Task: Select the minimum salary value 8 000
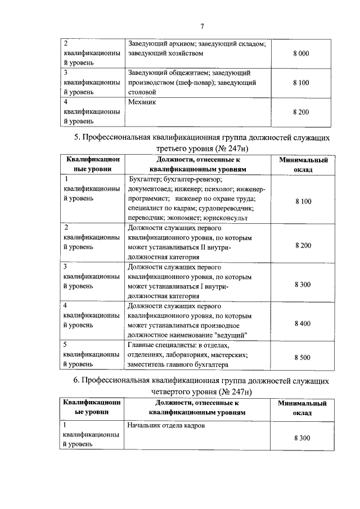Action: (301, 53)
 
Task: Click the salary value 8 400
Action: (302, 324)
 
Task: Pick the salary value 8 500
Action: (302, 357)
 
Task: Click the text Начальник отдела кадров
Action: (166, 426)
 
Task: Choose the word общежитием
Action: (182, 73)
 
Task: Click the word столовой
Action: (142, 92)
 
